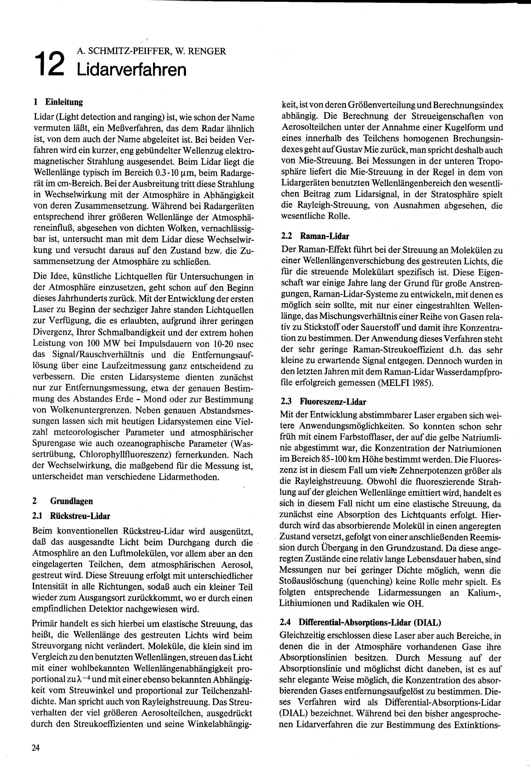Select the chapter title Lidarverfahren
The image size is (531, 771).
coord(131,70)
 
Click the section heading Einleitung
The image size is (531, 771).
coord(64,102)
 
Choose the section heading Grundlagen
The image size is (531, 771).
coord(71,501)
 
